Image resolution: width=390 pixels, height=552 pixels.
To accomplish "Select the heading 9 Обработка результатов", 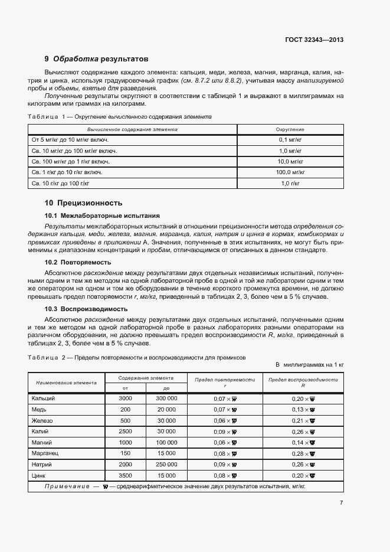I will [x=97, y=59].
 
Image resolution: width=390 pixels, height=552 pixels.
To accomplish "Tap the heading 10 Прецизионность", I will [x=83, y=202].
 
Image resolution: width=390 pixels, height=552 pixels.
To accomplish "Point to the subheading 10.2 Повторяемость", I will [x=78, y=262].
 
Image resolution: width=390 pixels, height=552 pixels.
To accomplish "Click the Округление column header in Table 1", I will [x=290, y=128].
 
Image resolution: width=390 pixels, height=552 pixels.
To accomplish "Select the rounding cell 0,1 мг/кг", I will [x=290, y=139].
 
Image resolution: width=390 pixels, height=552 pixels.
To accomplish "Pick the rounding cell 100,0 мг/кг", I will [x=290, y=172].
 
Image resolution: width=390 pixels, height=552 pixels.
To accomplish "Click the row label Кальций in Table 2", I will [x=43, y=399].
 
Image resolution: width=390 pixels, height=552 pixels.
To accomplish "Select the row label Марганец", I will [x=45, y=453].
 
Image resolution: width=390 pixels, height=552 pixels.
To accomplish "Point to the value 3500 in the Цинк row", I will [x=125, y=475].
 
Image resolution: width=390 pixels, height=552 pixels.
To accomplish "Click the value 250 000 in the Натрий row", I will [x=166, y=464].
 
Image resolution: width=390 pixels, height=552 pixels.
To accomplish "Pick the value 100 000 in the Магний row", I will [x=166, y=442].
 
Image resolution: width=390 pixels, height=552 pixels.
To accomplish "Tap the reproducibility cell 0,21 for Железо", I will [x=303, y=420].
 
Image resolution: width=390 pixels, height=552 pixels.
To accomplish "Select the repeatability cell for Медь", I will [x=225, y=409].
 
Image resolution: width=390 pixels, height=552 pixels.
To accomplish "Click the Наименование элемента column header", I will [x=66, y=383].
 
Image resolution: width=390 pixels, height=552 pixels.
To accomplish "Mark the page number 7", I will [x=341, y=502].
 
